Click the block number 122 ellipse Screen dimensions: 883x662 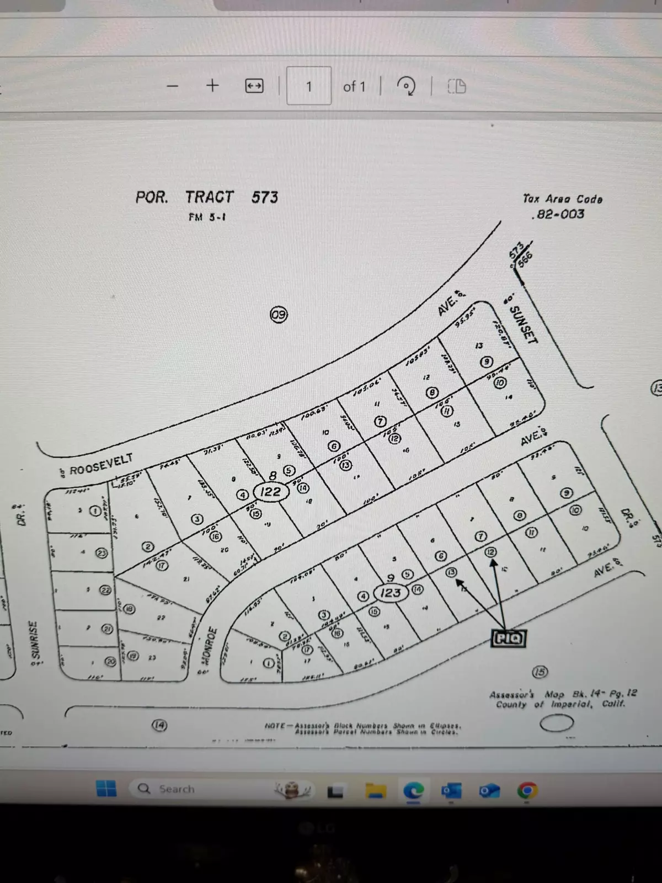(270, 491)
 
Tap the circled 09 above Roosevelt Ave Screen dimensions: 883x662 (279, 315)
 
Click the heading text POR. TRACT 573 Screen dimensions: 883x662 (207, 197)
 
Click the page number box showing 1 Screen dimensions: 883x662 (309, 86)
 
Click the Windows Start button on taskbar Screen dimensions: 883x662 (106, 789)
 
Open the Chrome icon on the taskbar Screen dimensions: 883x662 (527, 791)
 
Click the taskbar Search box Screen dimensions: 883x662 (171, 789)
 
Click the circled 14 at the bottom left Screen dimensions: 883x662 (159, 725)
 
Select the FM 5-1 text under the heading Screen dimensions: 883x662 (207, 217)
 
